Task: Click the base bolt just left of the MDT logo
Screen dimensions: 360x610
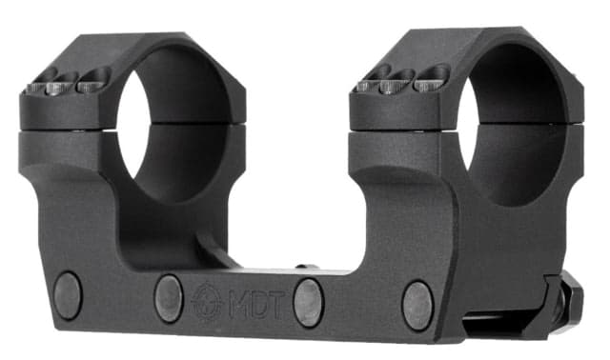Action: (x=169, y=297)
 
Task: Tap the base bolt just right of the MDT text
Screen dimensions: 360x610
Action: (x=308, y=303)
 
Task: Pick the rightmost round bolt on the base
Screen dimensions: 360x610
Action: (x=417, y=305)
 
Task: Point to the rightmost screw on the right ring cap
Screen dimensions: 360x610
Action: (x=431, y=75)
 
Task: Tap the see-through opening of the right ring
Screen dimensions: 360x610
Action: (x=510, y=124)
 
